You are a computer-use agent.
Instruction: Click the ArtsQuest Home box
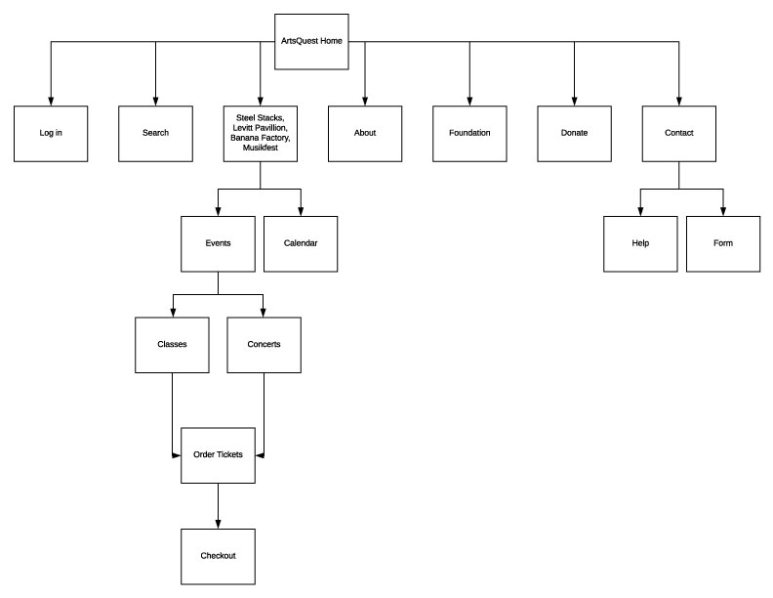(x=311, y=42)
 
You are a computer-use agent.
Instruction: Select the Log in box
(x=51, y=133)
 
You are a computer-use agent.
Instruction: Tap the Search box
(x=155, y=133)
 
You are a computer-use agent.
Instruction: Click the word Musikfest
(x=261, y=149)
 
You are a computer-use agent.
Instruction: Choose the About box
(x=365, y=133)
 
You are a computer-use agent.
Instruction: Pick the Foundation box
(x=469, y=133)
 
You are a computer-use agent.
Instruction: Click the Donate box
(x=574, y=133)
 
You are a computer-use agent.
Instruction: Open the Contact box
(x=678, y=133)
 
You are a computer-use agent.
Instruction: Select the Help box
(x=640, y=243)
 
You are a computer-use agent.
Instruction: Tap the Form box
(x=723, y=243)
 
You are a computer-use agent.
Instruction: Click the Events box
(x=218, y=243)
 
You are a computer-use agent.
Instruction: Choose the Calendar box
(x=301, y=243)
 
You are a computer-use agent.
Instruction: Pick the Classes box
(x=172, y=344)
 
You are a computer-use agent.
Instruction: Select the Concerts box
(x=264, y=344)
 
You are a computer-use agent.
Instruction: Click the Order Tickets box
(x=218, y=454)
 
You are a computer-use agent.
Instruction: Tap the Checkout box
(x=218, y=556)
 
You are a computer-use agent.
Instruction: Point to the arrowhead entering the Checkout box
(x=218, y=524)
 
